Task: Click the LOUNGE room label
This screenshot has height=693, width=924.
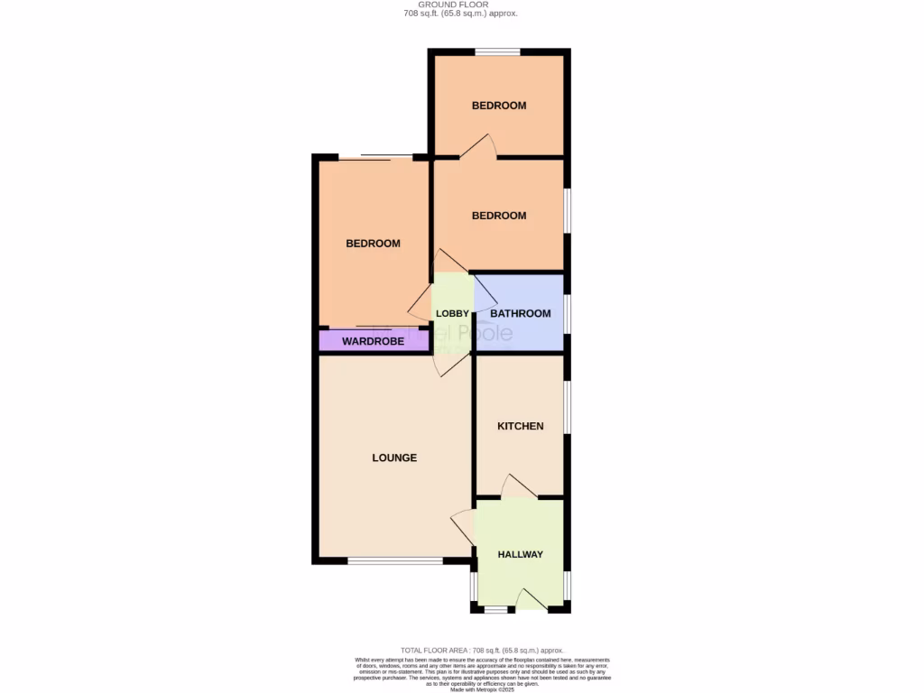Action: [394, 457]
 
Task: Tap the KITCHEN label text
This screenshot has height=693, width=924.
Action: [521, 426]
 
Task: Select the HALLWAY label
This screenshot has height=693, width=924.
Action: [521, 554]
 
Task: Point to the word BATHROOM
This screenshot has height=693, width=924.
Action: [520, 313]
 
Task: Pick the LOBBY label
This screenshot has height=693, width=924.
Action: [452, 313]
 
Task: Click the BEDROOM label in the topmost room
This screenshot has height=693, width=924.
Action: [499, 106]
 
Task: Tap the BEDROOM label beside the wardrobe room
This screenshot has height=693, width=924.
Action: [373, 244]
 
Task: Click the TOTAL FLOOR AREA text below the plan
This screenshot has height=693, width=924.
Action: [482, 650]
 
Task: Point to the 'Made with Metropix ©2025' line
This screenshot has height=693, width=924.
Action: [483, 688]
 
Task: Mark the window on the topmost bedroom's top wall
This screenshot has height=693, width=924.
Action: [498, 52]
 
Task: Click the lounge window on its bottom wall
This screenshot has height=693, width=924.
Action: [394, 561]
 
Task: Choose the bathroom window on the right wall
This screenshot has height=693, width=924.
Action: [567, 313]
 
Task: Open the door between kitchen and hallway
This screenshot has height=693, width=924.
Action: [519, 488]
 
